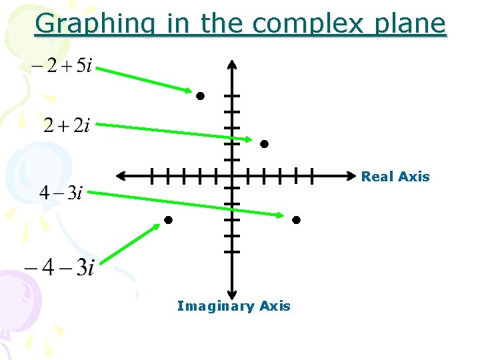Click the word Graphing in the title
click(97, 24)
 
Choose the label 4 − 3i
click(61, 193)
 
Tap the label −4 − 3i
click(59, 268)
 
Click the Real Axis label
click(395, 177)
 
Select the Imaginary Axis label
click(234, 306)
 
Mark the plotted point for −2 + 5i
click(199, 96)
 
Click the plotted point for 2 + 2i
click(264, 144)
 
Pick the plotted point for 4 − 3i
click(296, 220)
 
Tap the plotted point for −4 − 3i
click(168, 220)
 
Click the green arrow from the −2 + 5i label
click(149, 79)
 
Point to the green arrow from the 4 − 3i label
click(187, 203)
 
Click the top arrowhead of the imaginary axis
click(231, 64)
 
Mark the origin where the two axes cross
click(231, 177)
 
